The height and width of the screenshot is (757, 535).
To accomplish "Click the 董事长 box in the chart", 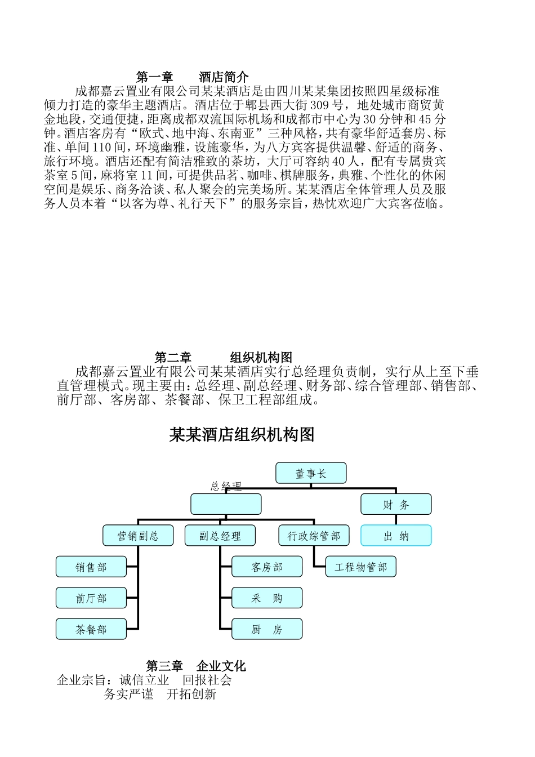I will pos(311,474).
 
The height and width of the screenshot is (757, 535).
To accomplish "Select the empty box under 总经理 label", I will pos(226,504).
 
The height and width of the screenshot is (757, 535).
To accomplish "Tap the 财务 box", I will pos(396,505).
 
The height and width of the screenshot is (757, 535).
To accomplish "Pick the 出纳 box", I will pos(396,536).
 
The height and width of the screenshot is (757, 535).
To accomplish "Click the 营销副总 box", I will pos(138,536).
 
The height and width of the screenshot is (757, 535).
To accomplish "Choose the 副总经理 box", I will pos(220,536).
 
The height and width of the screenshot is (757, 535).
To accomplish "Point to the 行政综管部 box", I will pos(314,536).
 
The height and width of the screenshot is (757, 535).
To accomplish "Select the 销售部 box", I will pos(91,567).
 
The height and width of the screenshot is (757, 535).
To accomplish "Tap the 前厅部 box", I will pos(91,598).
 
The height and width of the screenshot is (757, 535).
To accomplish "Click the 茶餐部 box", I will pos(91,630).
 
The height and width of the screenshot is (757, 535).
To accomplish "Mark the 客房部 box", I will pos(267,567).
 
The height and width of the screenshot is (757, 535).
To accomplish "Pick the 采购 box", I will pos(267,598).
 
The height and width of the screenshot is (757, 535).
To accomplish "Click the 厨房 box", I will pos(267,630).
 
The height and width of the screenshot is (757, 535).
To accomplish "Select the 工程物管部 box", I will pos(361,567).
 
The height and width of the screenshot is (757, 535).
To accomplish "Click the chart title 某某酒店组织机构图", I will pos(242,435).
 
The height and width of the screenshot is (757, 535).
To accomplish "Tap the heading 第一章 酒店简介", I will pos(193,77).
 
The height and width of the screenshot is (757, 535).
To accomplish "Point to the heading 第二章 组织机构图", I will pos(223,358).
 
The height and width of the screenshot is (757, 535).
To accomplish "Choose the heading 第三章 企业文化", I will pos(196,666).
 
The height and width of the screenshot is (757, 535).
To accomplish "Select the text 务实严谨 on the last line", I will pos(128,694).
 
